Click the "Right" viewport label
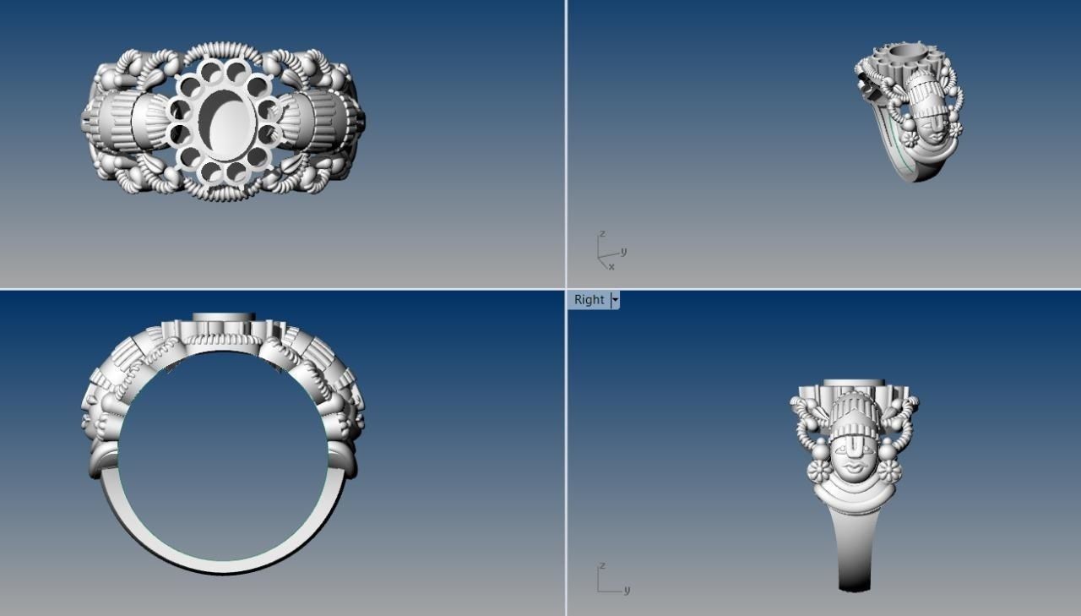pos(589,300)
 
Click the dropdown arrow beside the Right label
pos(615,300)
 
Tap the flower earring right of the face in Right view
pos(890,472)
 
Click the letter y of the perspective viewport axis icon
pos(623,251)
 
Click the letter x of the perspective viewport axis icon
pos(611,267)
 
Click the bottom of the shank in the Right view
pos(854,583)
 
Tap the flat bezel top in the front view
pos(224,317)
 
